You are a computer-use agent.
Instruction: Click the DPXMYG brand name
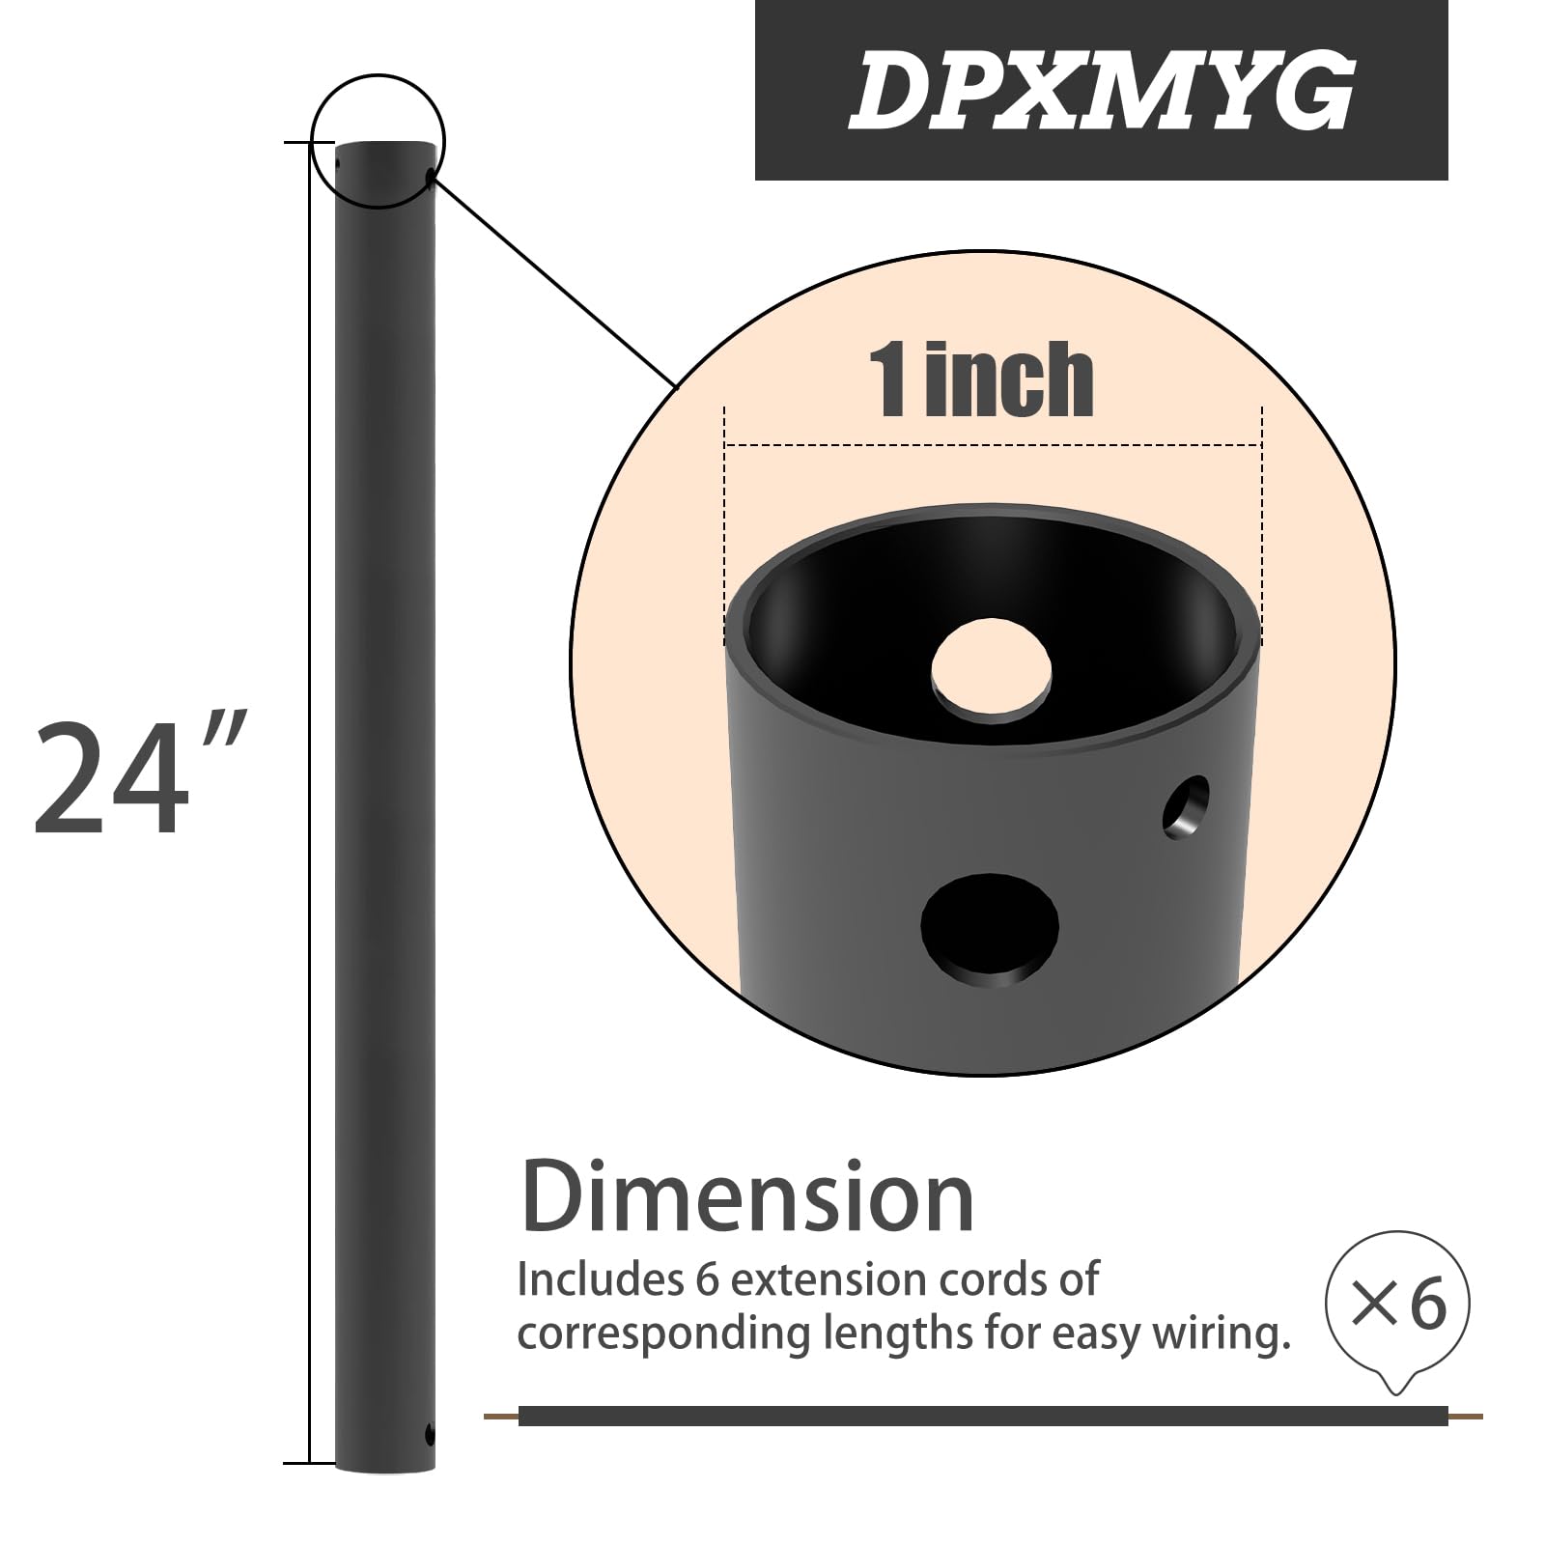(x=1101, y=91)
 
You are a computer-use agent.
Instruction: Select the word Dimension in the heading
(x=748, y=1198)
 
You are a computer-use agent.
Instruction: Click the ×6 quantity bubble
(x=1398, y=1304)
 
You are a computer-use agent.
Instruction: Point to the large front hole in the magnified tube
(x=990, y=928)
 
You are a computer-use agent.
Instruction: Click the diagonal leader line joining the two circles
(x=555, y=280)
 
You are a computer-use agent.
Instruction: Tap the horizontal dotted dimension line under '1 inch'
(x=993, y=445)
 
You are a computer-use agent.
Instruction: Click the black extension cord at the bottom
(x=982, y=1417)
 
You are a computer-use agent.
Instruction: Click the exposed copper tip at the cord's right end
(x=1465, y=1417)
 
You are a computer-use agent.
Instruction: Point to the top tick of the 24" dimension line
(x=297, y=143)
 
